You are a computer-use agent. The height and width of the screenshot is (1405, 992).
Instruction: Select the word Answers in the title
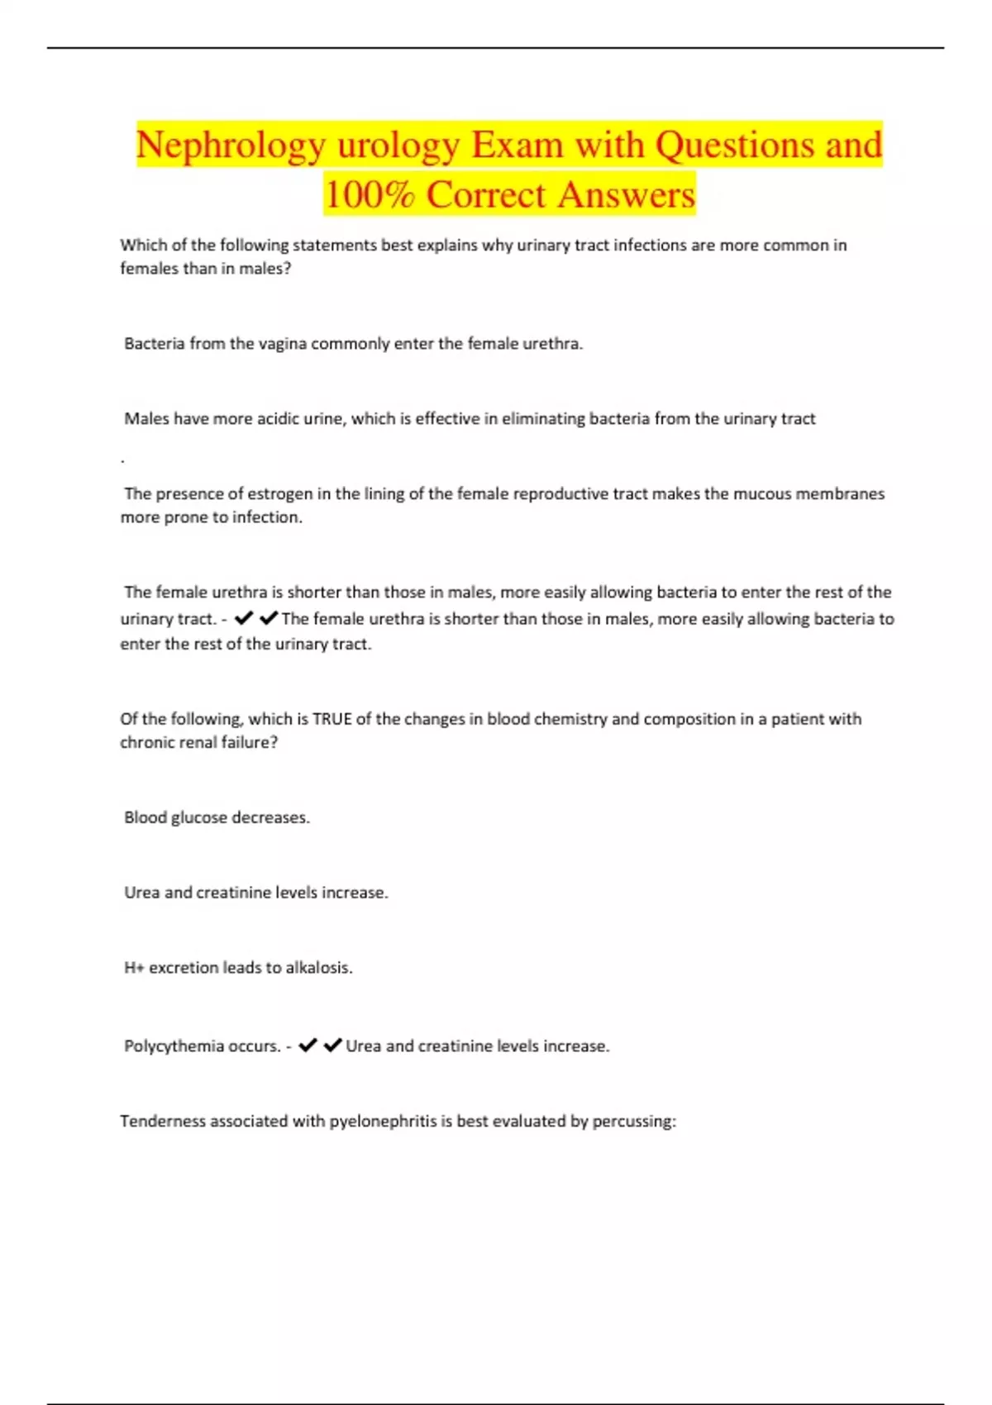(x=626, y=196)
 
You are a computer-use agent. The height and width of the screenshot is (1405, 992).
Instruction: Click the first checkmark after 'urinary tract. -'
(x=244, y=618)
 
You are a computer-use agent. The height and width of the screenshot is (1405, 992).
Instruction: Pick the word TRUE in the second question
(x=332, y=719)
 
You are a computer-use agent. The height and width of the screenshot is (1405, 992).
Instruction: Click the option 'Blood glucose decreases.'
(x=217, y=817)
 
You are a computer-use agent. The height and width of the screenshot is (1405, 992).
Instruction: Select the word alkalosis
(x=318, y=968)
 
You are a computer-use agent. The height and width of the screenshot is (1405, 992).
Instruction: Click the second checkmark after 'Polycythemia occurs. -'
(x=333, y=1045)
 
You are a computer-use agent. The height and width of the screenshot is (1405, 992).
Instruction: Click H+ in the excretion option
(x=134, y=968)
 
